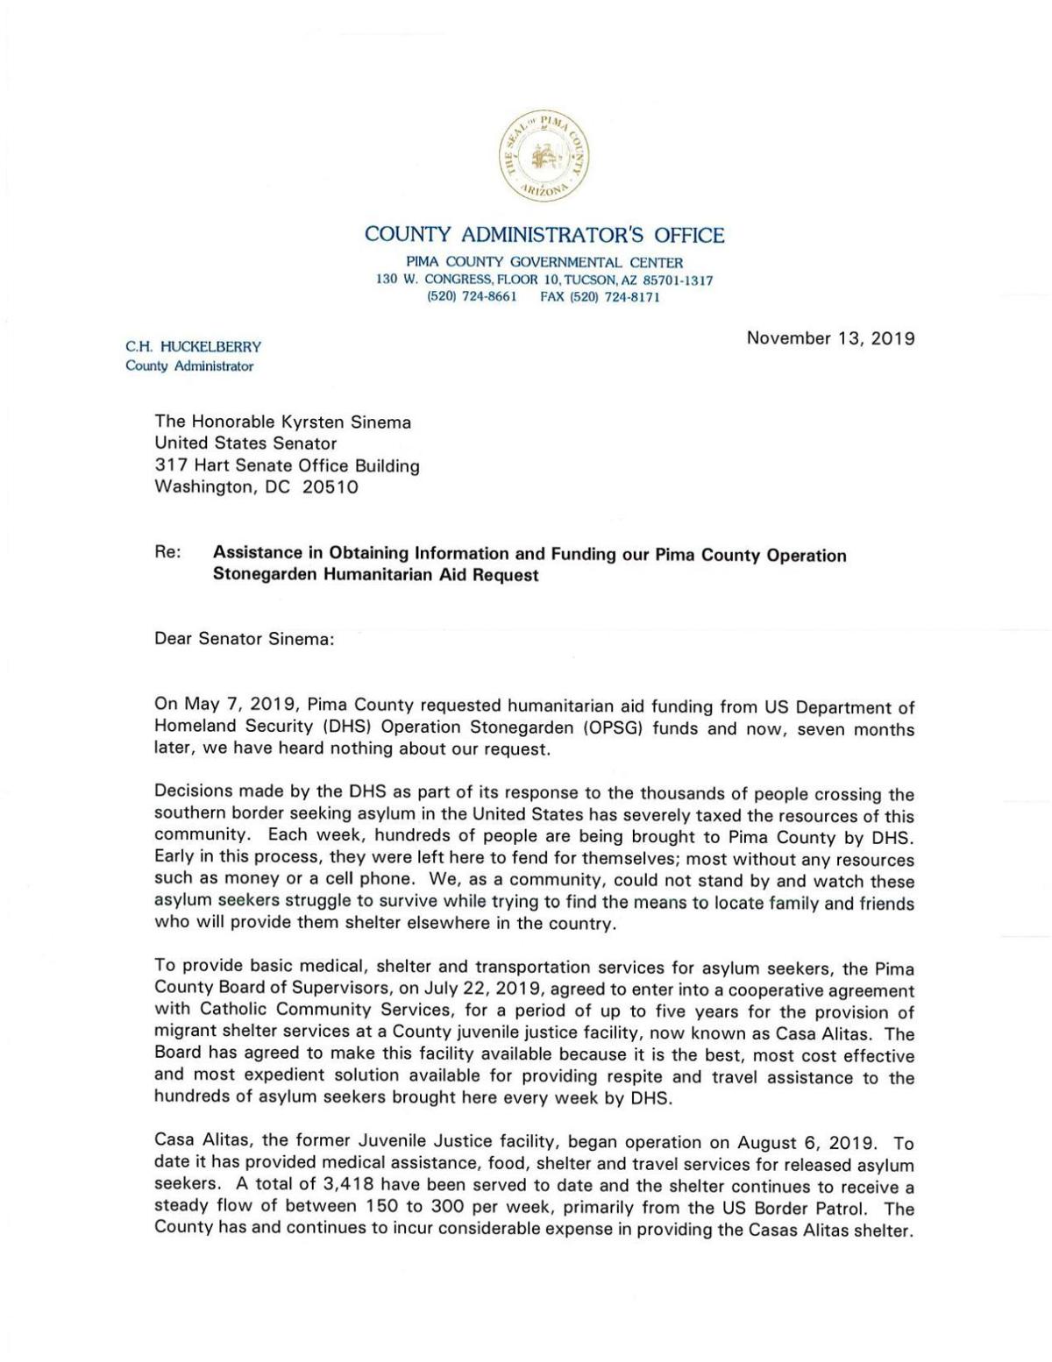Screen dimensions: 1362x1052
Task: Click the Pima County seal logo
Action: click(544, 155)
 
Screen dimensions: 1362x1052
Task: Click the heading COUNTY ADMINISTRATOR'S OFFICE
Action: click(544, 235)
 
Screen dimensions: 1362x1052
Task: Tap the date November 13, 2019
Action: click(830, 337)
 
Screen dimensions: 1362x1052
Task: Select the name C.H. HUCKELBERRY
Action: click(193, 347)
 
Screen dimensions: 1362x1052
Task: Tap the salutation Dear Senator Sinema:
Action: click(245, 638)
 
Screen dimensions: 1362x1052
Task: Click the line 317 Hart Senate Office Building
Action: click(287, 465)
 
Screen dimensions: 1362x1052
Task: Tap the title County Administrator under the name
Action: click(189, 366)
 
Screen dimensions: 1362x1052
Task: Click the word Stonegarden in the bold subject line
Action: click(264, 576)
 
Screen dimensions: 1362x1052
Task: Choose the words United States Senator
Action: click(245, 443)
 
